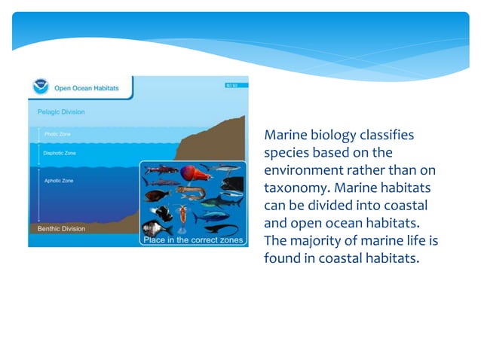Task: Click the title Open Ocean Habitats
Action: (x=85, y=88)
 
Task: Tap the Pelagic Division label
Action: (x=61, y=112)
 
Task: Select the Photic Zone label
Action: (x=57, y=135)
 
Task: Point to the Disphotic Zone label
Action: (x=60, y=153)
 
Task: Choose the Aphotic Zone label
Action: (x=58, y=181)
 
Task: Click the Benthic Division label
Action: (x=62, y=228)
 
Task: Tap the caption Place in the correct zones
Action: (x=194, y=240)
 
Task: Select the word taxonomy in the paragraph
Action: (x=296, y=188)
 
